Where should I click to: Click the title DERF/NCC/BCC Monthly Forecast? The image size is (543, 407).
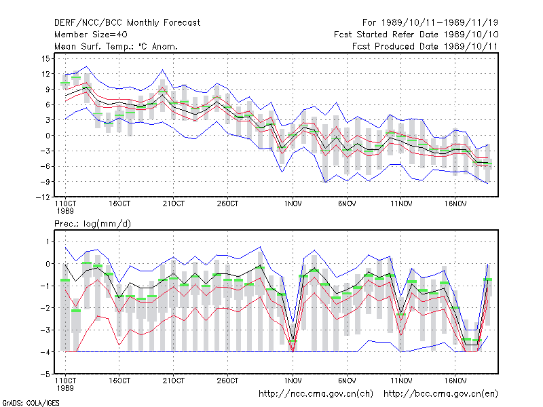[x=127, y=23]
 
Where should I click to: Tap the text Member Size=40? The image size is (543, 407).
[x=91, y=35]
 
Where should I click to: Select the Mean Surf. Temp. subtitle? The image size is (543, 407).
[x=116, y=46]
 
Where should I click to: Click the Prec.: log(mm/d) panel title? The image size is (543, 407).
[x=92, y=224]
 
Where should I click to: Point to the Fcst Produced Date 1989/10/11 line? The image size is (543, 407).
[x=425, y=46]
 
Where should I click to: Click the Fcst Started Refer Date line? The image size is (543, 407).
[x=416, y=35]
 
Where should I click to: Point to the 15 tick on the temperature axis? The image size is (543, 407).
[x=46, y=58]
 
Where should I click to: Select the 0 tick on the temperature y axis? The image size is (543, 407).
[x=48, y=135]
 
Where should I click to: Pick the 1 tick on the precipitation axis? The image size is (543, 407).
[x=48, y=241]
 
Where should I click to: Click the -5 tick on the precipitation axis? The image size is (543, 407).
[x=45, y=374]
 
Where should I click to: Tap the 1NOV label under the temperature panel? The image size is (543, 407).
[x=293, y=204]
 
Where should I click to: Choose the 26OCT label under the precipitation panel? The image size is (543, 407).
[x=227, y=381]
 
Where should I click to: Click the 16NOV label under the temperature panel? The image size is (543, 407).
[x=455, y=204]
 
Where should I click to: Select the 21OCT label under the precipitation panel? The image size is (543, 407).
[x=174, y=381]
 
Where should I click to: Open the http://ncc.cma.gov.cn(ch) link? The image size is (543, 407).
[x=316, y=394]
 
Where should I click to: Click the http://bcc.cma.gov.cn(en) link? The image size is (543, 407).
[x=441, y=394]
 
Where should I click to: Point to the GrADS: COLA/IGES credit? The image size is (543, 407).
[x=31, y=403]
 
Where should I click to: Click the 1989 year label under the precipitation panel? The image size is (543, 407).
[x=65, y=388]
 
